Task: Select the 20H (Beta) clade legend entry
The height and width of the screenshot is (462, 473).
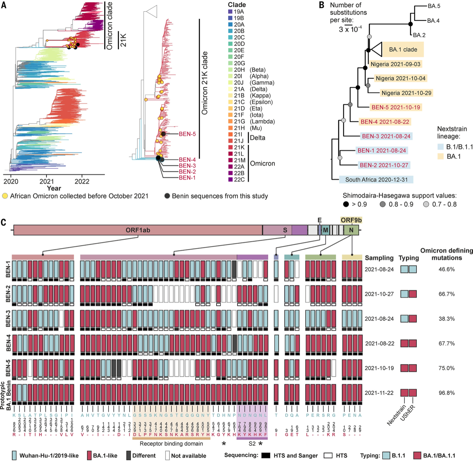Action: (239, 70)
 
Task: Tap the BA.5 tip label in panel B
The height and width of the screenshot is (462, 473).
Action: (434, 6)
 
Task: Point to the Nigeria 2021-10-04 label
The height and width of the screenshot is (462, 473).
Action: (400, 79)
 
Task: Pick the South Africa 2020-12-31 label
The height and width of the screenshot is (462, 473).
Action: (376, 180)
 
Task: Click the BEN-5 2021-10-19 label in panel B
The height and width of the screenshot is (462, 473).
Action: (396, 107)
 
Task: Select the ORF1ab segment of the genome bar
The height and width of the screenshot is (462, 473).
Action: (138, 230)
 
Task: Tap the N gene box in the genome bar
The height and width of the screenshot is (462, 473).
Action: (351, 230)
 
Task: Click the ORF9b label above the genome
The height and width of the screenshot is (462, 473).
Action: (351, 220)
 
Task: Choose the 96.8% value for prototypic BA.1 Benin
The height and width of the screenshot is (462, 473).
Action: (446, 393)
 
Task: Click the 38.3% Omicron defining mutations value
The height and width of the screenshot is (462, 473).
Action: (446, 319)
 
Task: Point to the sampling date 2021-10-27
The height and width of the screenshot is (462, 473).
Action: (379, 294)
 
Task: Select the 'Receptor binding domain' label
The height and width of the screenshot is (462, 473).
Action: (171, 444)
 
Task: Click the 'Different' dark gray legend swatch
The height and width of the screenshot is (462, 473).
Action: (129, 455)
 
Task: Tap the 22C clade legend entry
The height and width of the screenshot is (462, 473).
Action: (239, 179)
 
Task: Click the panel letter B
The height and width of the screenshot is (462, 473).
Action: (321, 5)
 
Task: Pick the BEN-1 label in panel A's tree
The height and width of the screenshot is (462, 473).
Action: (187, 178)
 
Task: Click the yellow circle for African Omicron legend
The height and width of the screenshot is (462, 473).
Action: (5, 196)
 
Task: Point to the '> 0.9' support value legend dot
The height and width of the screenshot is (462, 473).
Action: (346, 204)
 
